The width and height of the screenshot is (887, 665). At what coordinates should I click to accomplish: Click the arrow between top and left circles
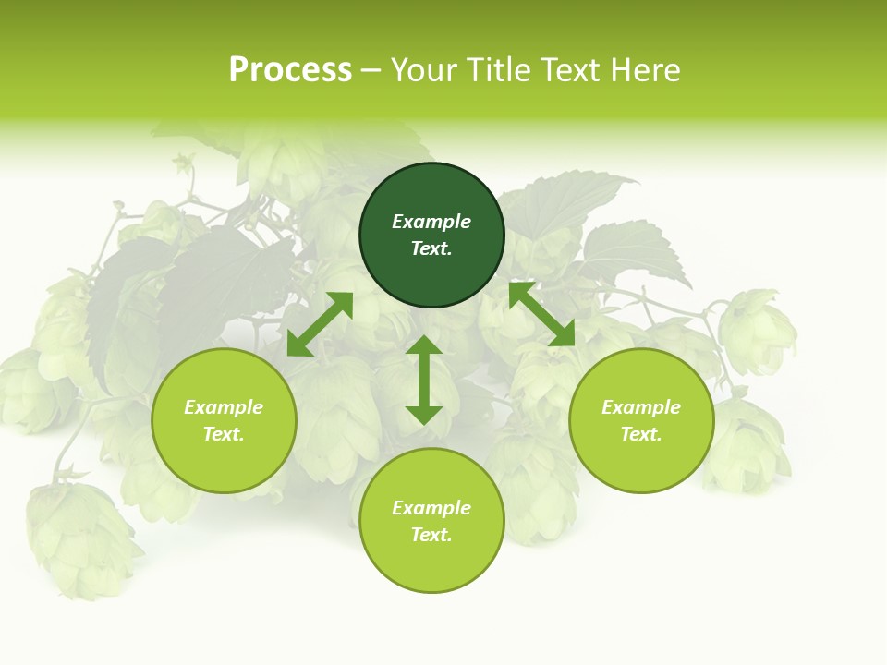click(x=320, y=324)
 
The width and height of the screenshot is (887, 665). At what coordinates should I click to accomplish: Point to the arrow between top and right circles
click(x=542, y=314)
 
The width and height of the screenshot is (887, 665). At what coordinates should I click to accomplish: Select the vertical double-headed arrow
click(x=424, y=380)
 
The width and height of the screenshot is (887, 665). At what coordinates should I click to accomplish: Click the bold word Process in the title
click(x=290, y=69)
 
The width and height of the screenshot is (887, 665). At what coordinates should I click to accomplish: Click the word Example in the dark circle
click(x=431, y=222)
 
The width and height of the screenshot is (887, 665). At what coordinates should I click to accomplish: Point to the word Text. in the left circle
click(x=224, y=434)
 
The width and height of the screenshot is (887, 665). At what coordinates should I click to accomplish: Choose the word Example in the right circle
click(x=641, y=407)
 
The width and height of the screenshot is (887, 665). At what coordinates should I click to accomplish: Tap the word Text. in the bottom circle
click(x=431, y=535)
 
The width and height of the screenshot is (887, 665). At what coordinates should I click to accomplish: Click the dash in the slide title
click(x=371, y=70)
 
